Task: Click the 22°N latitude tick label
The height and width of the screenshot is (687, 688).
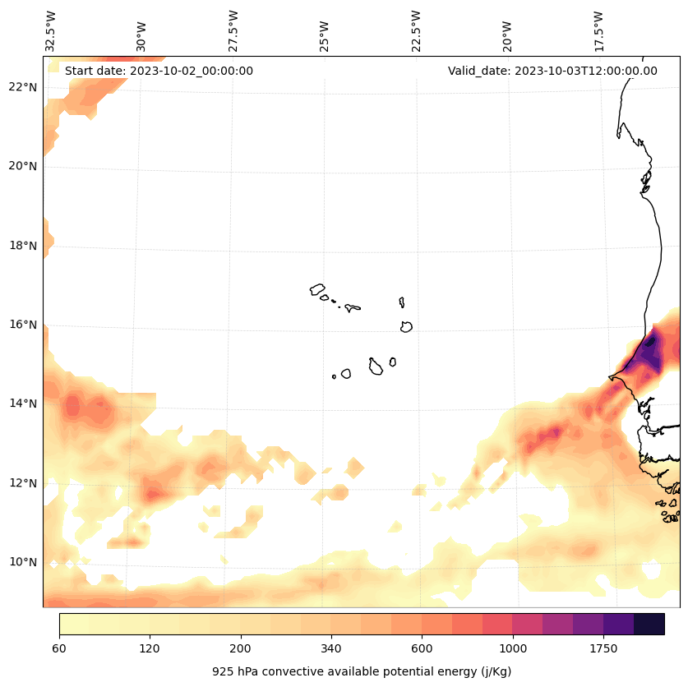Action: pyautogui.click(x=21, y=87)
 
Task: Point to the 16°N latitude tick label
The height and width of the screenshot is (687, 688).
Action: pyautogui.click(x=21, y=325)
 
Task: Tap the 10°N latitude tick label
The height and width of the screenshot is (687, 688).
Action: pyautogui.click(x=21, y=562)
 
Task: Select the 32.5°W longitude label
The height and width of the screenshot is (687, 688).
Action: pyautogui.click(x=51, y=31)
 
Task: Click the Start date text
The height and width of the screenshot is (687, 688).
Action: pyautogui.click(x=159, y=71)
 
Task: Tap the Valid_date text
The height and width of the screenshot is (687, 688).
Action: pyautogui.click(x=552, y=71)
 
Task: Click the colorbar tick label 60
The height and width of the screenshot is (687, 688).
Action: pyautogui.click(x=59, y=648)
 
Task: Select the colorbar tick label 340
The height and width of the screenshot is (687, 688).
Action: pyautogui.click(x=330, y=648)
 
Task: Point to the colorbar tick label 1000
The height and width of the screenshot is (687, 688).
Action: pyautogui.click(x=512, y=648)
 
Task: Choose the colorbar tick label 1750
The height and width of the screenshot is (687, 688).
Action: pyautogui.click(x=603, y=648)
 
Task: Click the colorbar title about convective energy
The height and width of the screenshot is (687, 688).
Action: pyautogui.click(x=362, y=671)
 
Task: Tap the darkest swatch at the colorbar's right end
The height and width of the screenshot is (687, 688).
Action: pyautogui.click(x=649, y=624)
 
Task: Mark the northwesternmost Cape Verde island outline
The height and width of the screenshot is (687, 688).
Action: pyautogui.click(x=317, y=289)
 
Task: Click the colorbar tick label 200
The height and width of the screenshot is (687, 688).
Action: pyautogui.click(x=240, y=648)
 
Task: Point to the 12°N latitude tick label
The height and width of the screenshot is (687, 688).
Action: pyautogui.click(x=21, y=483)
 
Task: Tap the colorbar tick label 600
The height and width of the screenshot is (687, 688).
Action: pyautogui.click(x=422, y=648)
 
